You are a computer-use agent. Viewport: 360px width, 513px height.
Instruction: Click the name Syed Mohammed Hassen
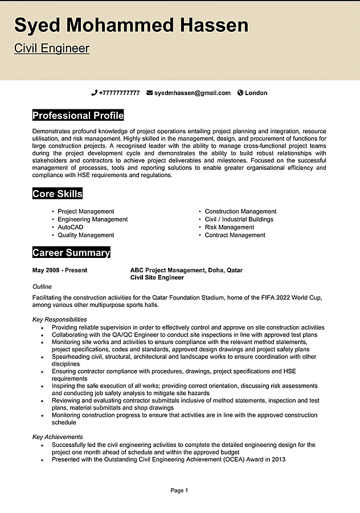pos(132,26)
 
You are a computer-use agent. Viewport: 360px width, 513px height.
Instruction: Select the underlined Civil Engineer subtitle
pos(52,48)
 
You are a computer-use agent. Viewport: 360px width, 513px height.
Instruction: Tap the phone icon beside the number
pos(94,93)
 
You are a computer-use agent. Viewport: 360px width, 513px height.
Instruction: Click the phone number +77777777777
pos(119,93)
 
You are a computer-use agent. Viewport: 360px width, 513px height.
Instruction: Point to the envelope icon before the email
pos(150,93)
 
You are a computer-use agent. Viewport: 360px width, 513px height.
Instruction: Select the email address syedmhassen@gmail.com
pos(193,93)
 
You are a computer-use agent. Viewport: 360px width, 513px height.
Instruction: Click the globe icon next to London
pos(240,93)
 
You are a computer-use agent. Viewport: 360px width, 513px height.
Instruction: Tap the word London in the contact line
pos(256,93)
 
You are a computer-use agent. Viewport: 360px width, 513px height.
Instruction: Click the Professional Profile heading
pos(78,116)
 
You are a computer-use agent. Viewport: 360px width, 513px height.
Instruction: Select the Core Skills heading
pos(58,194)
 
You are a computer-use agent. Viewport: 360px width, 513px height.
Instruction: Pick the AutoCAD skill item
pos(71,227)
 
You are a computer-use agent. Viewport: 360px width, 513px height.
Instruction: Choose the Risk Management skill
pos(230,227)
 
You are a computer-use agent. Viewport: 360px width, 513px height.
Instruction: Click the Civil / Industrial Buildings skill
pos(239,219)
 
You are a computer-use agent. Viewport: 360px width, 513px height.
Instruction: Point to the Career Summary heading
pos(71,253)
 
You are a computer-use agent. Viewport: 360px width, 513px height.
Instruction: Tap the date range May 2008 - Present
pos(60,270)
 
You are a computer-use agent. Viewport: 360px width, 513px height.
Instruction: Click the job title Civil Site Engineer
pos(157,278)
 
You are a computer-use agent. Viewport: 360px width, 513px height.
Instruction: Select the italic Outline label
pos(42,287)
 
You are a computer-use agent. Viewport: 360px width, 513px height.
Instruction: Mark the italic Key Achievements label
pos(58,437)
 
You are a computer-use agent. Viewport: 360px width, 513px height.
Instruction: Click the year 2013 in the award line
pos(279,459)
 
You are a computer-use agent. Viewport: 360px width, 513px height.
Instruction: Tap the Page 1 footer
pos(179,490)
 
